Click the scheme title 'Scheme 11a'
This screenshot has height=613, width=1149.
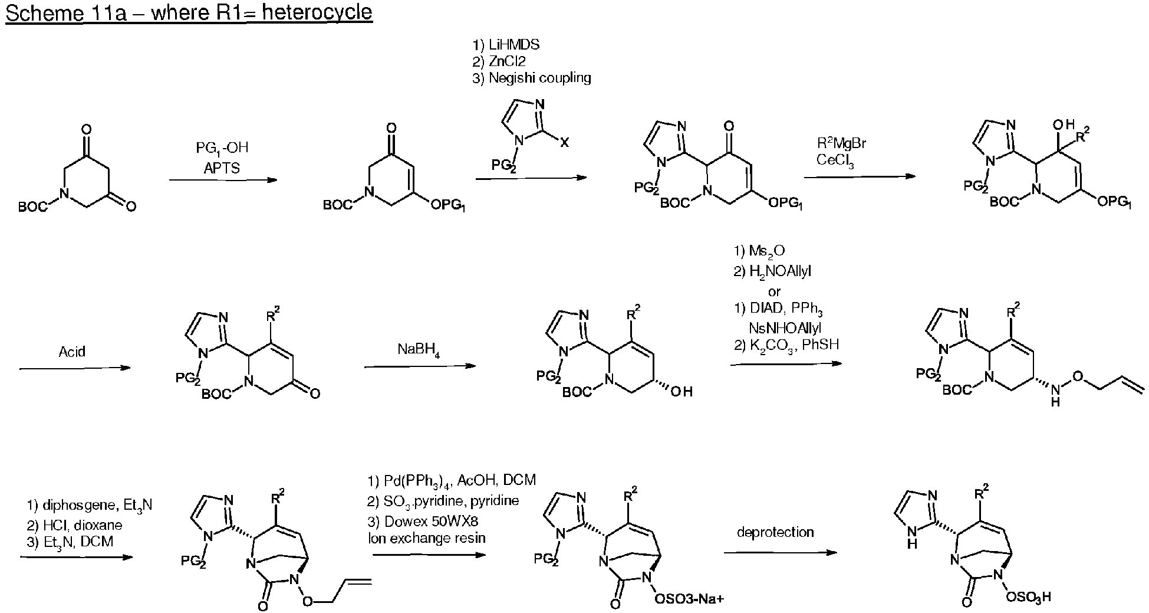point(65,13)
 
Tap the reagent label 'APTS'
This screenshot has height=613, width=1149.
point(222,168)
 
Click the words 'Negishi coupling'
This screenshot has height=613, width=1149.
point(539,78)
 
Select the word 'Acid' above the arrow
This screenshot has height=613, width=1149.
point(72,352)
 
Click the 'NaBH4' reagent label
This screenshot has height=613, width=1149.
point(419,350)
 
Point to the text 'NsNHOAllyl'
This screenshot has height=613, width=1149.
point(785,328)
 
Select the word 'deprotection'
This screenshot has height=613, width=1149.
point(775,532)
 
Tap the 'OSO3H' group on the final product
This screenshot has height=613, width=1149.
point(1028,597)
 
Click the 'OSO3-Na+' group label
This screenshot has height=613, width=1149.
point(689,599)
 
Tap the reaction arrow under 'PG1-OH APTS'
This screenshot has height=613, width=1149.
point(223,179)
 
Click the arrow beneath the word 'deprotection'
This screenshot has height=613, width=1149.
point(780,553)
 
